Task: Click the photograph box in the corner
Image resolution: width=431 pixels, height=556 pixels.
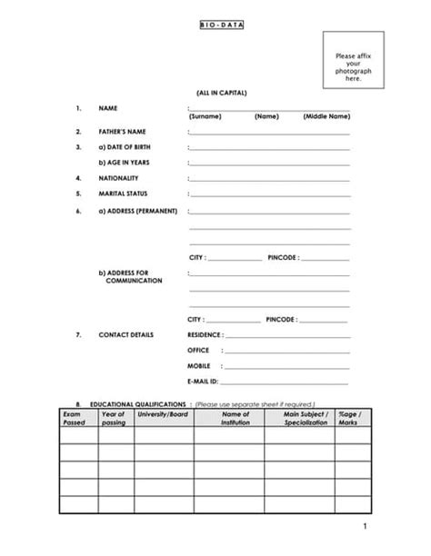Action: coord(354,61)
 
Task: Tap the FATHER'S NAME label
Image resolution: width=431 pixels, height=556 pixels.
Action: coord(123,132)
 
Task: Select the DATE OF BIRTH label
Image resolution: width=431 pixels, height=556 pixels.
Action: coord(126,147)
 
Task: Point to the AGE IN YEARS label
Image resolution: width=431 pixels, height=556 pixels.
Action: coord(125,163)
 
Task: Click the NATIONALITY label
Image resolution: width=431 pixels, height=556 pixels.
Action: coord(118,178)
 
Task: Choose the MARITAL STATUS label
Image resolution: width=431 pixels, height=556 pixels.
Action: coord(123,194)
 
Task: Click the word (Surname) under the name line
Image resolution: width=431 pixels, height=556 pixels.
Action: coord(205,116)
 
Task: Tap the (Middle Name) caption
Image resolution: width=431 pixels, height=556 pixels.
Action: coord(326,116)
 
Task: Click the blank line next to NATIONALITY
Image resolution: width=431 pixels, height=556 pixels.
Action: coord(269,178)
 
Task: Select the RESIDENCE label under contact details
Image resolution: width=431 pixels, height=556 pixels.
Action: coord(204,334)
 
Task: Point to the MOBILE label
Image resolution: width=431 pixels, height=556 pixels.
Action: coord(199,365)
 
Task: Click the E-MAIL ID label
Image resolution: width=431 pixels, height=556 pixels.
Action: coord(203,381)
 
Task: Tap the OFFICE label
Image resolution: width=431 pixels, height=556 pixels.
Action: coord(198,350)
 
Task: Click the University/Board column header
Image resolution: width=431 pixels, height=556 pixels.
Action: coord(164,414)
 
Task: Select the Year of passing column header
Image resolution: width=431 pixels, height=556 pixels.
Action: coord(114,419)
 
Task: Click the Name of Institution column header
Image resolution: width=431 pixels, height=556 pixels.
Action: coord(228,419)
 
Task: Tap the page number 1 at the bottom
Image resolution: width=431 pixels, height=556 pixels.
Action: coord(364,527)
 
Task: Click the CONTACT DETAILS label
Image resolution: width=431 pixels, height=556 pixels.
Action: coord(126,334)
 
